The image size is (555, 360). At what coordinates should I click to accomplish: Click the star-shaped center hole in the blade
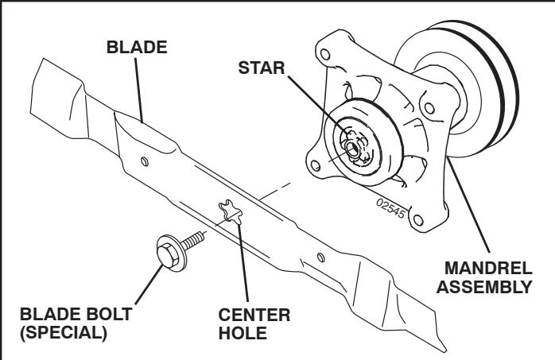point(230,213)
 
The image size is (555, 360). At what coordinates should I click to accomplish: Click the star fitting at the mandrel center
point(352,144)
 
